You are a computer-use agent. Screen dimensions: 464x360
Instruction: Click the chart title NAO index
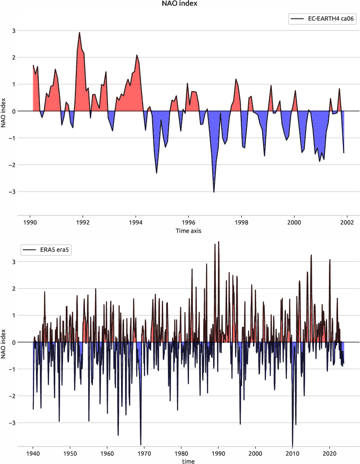[x=180, y=4]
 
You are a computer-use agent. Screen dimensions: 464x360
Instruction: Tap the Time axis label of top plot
[x=188, y=230]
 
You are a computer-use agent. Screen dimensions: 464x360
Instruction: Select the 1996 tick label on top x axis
[x=188, y=222]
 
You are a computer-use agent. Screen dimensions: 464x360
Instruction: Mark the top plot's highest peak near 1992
[x=79, y=32]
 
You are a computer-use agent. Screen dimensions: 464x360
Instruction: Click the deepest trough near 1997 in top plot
[x=214, y=192]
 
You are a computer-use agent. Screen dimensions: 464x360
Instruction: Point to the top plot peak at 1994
[x=137, y=55]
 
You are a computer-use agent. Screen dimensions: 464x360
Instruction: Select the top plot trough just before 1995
[x=157, y=173]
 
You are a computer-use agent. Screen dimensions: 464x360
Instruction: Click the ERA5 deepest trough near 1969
[x=141, y=444]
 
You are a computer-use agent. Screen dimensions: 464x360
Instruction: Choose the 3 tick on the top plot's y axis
[x=14, y=31]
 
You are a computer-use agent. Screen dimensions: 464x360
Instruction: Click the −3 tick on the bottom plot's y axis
[x=12, y=423]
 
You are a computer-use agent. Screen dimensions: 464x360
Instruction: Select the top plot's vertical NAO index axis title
[x=4, y=111]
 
